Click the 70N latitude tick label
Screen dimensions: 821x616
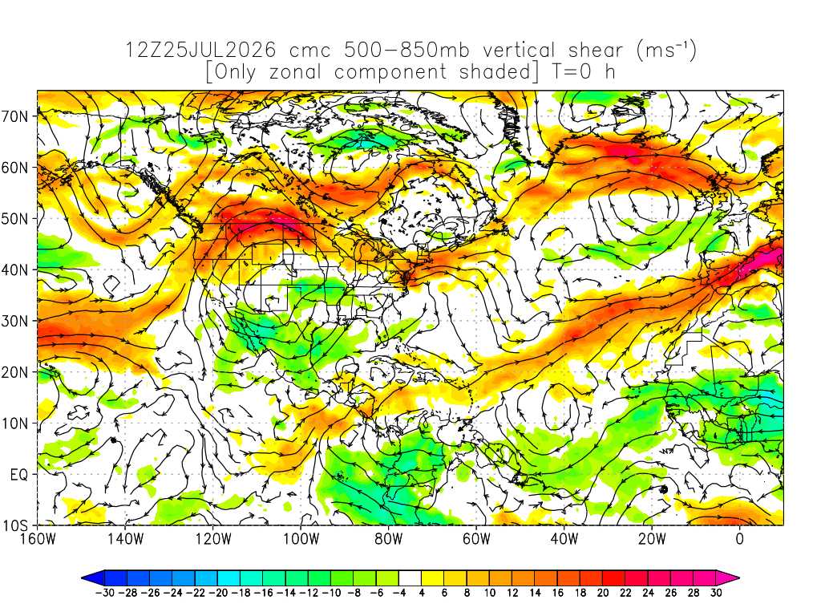coord(14,116)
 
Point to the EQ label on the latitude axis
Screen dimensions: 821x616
coord(19,475)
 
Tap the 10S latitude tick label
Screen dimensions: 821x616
coord(14,526)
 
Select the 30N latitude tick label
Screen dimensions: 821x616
coord(14,321)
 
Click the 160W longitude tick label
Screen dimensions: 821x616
coord(38,538)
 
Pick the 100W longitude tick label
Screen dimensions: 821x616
coord(301,538)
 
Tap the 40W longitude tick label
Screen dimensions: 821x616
coord(564,538)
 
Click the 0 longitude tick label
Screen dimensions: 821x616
coord(740,538)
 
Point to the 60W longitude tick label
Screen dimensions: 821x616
coord(476,538)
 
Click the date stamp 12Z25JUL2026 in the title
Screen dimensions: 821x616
coord(200,51)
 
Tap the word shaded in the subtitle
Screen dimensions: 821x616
coord(495,71)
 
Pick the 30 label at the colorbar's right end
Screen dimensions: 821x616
coord(716,593)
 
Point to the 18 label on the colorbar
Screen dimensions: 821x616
coord(580,593)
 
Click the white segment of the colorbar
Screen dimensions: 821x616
coord(410,578)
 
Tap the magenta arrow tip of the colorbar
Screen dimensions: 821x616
coord(728,578)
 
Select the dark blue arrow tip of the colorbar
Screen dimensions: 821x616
coord(93,578)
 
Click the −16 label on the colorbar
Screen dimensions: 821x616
coord(263,593)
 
